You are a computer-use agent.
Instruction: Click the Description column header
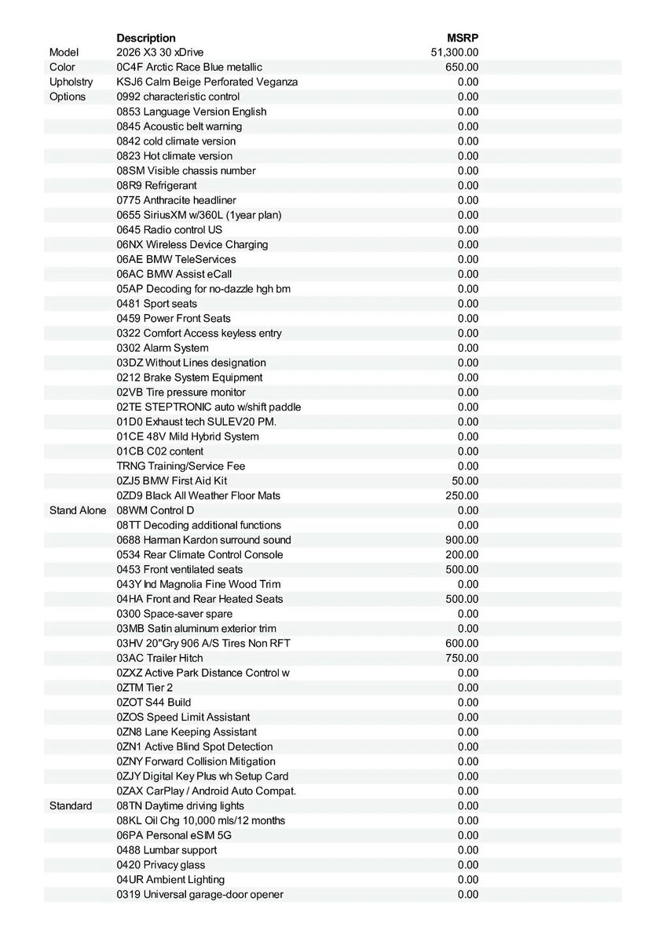pyautogui.click(x=146, y=38)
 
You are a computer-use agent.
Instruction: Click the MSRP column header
pyautogui.click(x=462, y=38)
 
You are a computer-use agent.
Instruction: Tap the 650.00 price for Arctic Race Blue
pyautogui.click(x=462, y=68)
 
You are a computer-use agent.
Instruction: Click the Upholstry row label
pyautogui.click(x=71, y=82)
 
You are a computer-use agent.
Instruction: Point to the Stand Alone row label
pyautogui.click(x=77, y=510)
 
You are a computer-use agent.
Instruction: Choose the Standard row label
pyautogui.click(x=71, y=805)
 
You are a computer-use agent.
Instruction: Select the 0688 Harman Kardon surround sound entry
pyautogui.click(x=203, y=540)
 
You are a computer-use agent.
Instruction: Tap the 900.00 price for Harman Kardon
pyautogui.click(x=462, y=540)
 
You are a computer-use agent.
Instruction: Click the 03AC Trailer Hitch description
pyautogui.click(x=159, y=658)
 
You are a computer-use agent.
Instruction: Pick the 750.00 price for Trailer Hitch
pyautogui.click(x=462, y=658)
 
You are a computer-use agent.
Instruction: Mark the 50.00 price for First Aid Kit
pyautogui.click(x=465, y=480)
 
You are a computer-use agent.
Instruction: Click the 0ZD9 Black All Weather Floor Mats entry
pyautogui.click(x=198, y=495)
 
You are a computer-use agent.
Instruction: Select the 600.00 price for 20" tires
pyautogui.click(x=462, y=643)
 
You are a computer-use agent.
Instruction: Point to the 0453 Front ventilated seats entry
pyautogui.click(x=180, y=569)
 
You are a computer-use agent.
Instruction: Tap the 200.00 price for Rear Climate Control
pyautogui.click(x=462, y=554)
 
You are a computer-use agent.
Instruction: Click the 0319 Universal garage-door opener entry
pyautogui.click(x=199, y=894)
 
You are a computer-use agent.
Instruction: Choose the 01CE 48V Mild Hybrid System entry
pyautogui.click(x=188, y=436)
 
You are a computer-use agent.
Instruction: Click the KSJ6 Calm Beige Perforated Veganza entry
pyautogui.click(x=207, y=82)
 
